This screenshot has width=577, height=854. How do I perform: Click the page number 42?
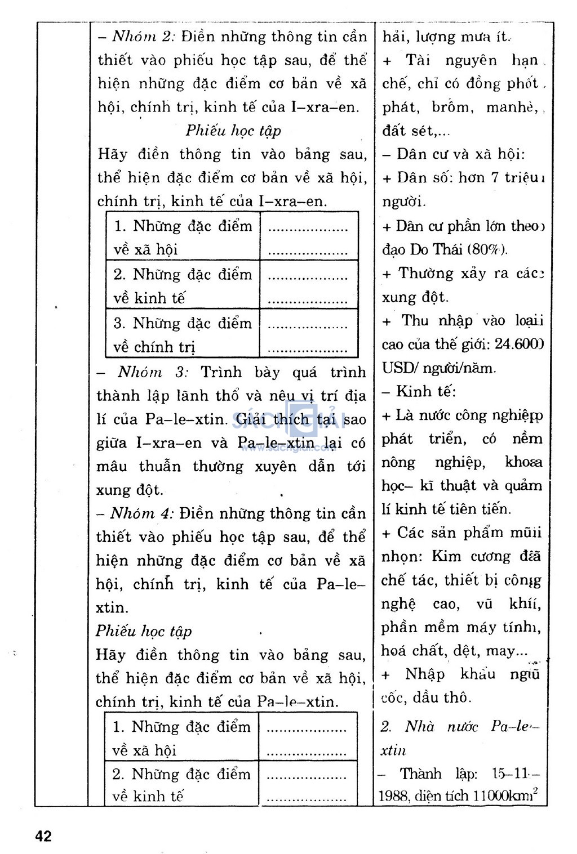[43, 836]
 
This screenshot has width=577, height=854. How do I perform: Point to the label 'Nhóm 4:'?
[141, 513]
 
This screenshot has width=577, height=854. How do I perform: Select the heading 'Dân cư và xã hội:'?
[460, 154]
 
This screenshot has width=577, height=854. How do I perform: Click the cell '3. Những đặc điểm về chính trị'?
[183, 334]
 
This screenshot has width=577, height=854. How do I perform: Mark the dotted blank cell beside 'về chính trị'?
[308, 334]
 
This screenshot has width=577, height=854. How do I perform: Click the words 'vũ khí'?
[509, 604]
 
